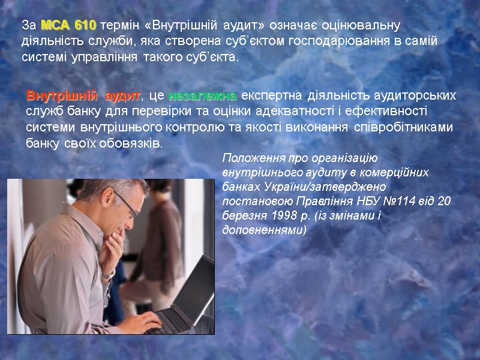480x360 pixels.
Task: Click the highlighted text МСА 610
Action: click(68, 26)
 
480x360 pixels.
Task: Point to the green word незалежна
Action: click(203, 96)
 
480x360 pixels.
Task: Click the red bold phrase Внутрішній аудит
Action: click(83, 96)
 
